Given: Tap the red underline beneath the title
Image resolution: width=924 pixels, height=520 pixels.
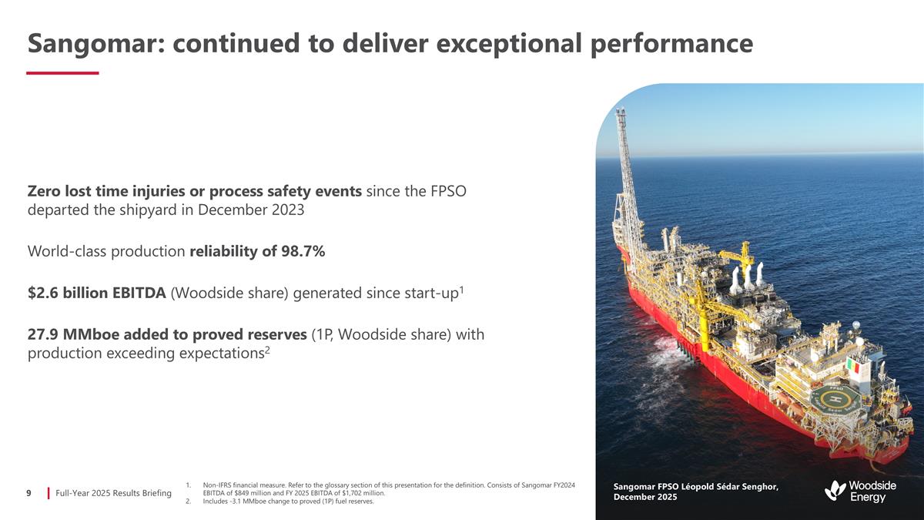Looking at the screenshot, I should (62, 73).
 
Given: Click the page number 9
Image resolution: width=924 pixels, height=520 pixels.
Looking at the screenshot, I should (28, 492).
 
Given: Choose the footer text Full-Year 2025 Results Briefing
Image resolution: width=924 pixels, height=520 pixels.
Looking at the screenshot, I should (114, 492).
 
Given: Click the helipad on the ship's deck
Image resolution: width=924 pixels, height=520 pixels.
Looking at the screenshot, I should (832, 400).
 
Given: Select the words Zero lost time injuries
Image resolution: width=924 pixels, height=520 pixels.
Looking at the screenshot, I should (108, 191).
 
